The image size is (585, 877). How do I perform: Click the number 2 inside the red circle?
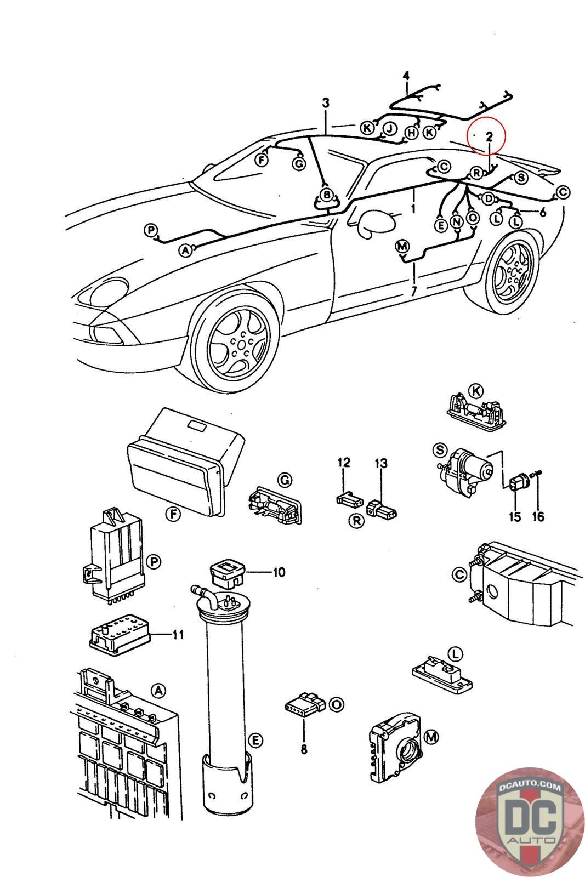pyautogui.click(x=490, y=135)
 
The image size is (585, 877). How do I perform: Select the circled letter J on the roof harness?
pyautogui.click(x=389, y=129)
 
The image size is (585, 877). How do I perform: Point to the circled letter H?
pyautogui.click(x=411, y=133)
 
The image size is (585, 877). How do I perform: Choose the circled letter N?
pyautogui.click(x=457, y=221)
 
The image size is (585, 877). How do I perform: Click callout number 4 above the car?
pyautogui.click(x=406, y=75)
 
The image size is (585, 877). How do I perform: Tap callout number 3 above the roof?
pyautogui.click(x=326, y=102)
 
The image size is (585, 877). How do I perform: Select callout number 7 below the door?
pyautogui.click(x=414, y=291)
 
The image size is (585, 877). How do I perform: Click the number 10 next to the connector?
pyautogui.click(x=279, y=572)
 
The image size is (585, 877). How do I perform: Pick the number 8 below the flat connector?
pyautogui.click(x=303, y=749)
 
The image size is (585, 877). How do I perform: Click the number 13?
pyautogui.click(x=381, y=463)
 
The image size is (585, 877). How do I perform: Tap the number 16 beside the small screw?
pyautogui.click(x=538, y=516)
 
